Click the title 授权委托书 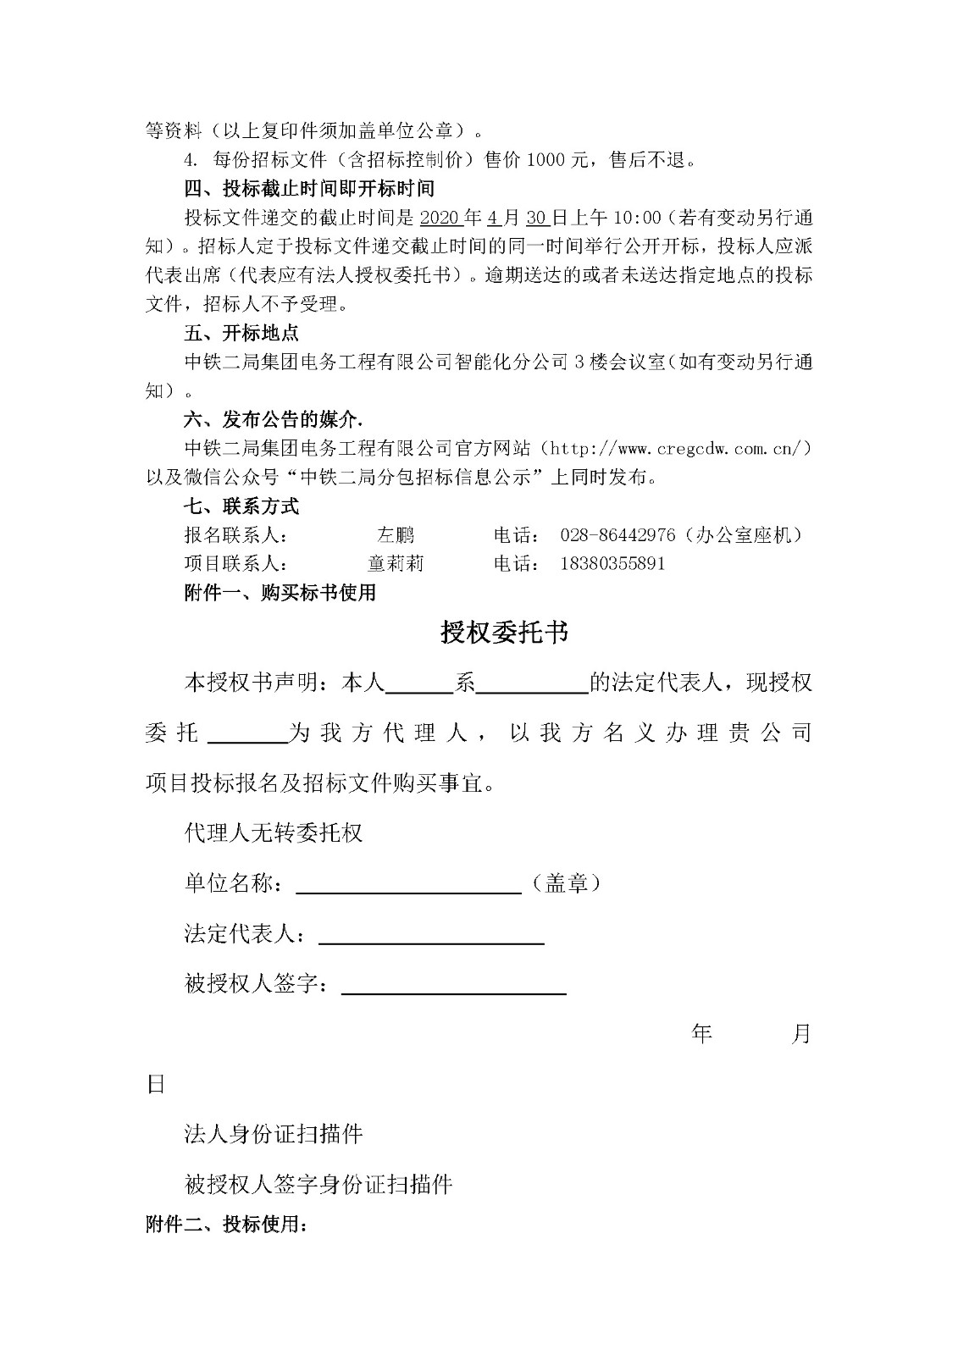point(504,633)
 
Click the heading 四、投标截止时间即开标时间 point(309,188)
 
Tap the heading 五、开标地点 point(241,332)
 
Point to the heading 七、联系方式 point(241,506)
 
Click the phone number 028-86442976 point(617,535)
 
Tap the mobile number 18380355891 point(612,564)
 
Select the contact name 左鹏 point(396,535)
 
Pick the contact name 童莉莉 point(396,564)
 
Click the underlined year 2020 point(440,218)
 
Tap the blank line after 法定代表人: point(430,937)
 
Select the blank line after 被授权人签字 point(453,987)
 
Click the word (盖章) point(565,883)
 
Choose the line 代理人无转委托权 point(274,832)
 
